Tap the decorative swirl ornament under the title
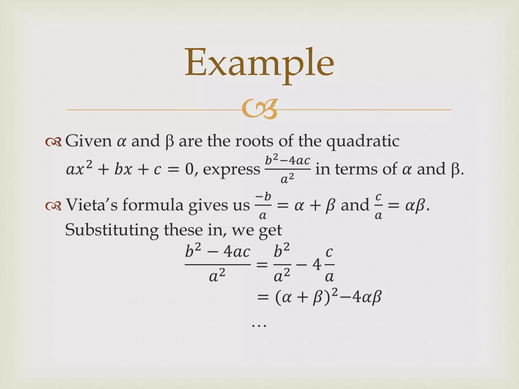point(259,109)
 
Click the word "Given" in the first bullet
point(88,141)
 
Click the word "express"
point(231,169)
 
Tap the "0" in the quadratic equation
point(189,169)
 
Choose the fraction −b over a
point(263,206)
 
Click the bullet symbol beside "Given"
point(53,142)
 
